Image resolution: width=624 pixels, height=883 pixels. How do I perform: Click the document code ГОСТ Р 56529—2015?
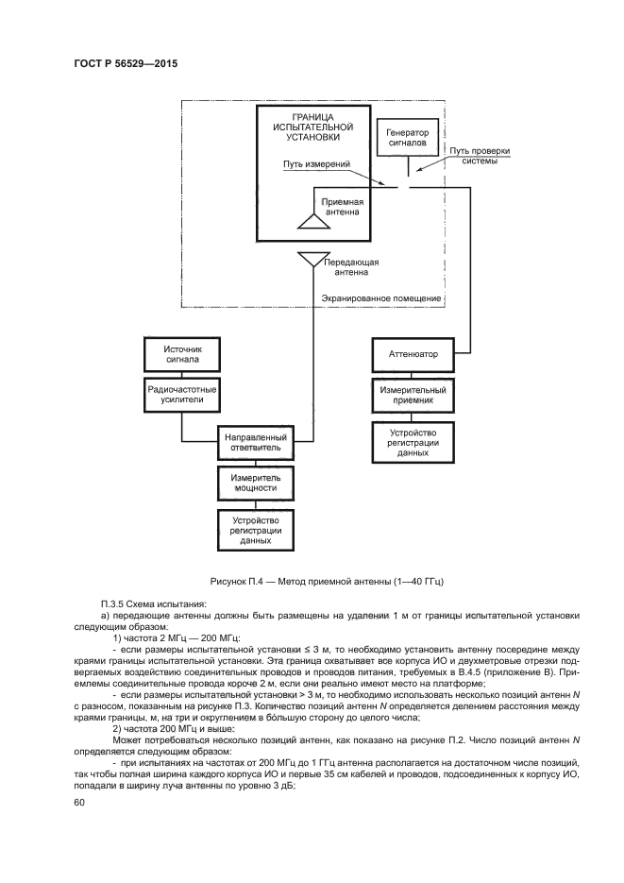(126, 64)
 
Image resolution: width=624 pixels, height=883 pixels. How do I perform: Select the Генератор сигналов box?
(408, 138)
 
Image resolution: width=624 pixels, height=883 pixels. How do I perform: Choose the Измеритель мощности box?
(253, 483)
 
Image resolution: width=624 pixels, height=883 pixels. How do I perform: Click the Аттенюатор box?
(413, 355)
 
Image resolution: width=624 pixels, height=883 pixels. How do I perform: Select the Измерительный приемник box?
(413, 394)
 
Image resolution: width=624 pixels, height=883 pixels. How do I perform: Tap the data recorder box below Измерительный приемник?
(413, 442)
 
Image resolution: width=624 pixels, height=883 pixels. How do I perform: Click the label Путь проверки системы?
(479, 155)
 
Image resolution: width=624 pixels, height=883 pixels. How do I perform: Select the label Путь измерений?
(316, 163)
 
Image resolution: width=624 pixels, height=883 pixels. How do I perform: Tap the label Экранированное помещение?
(381, 298)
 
